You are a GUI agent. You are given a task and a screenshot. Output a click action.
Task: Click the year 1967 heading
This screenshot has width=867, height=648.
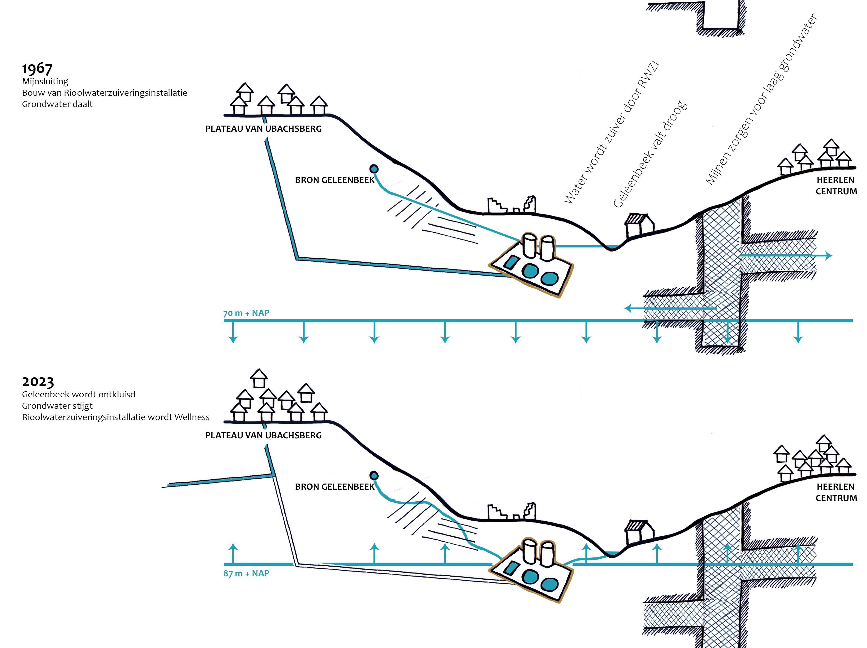tap(37, 68)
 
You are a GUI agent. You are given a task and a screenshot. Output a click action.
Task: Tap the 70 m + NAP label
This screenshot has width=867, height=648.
tap(246, 313)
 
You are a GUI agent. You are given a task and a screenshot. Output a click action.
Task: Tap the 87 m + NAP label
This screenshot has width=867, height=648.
tap(246, 573)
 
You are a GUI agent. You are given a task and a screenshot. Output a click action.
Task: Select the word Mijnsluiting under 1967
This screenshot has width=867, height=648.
tap(45, 81)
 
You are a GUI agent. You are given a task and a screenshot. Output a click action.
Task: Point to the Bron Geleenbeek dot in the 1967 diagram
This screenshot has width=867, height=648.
tap(374, 169)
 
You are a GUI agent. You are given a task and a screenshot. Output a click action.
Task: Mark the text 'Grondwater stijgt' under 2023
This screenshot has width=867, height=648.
tap(57, 406)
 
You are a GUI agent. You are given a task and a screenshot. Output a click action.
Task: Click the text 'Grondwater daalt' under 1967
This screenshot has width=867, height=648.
tap(57, 104)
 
